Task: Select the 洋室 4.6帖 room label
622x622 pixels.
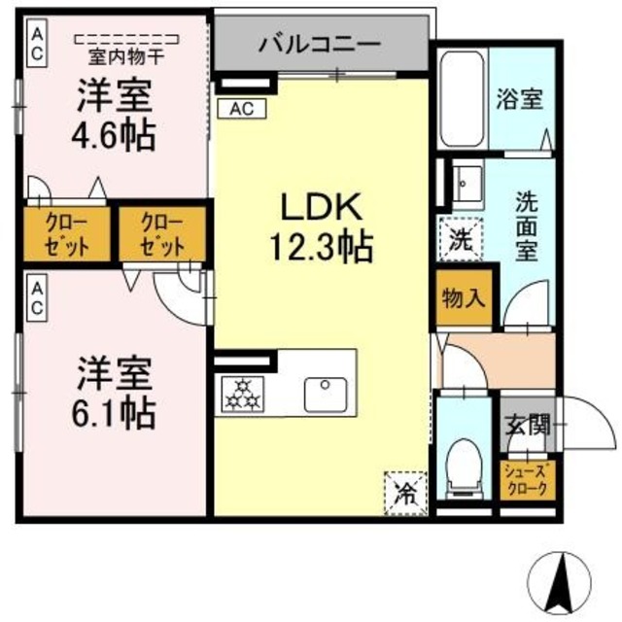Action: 116,115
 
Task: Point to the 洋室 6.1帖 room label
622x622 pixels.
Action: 116,394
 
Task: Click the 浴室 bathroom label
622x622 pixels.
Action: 519,98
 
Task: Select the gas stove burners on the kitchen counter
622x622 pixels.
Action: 243,393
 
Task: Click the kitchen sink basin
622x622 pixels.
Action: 324,394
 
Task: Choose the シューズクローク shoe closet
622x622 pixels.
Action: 528,480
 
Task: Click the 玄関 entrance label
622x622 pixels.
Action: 527,425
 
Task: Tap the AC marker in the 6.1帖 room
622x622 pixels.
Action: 35,297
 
